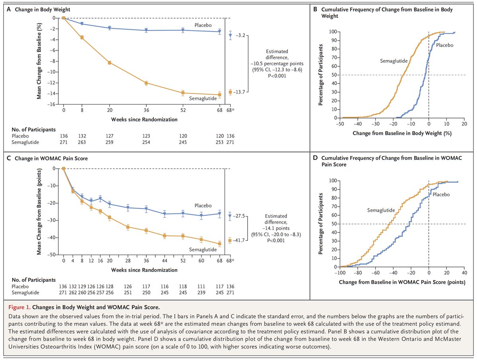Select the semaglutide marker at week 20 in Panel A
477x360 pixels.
[x=109, y=62]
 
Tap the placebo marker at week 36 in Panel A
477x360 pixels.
[x=146, y=30]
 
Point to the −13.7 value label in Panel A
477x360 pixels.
[x=242, y=92]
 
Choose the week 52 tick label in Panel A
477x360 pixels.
[x=183, y=110]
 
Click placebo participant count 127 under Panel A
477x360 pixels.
[x=109, y=135]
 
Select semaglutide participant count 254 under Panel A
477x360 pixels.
[x=146, y=141]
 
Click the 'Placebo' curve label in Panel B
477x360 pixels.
[x=444, y=45]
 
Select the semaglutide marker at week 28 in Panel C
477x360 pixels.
[x=128, y=227]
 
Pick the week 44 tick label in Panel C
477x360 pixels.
[x=165, y=261]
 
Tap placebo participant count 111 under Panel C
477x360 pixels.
[x=201, y=286]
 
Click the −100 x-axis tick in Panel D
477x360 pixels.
[x=340, y=273]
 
